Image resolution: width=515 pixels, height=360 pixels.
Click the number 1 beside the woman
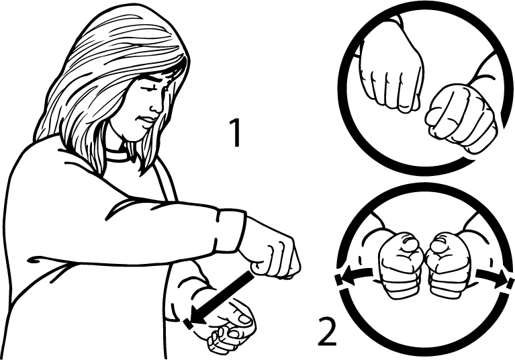[236, 132]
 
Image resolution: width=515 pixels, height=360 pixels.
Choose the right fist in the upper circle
[461, 118]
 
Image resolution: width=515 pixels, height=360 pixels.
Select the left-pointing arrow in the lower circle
[357, 274]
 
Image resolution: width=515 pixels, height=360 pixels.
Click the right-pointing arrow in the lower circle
[491, 274]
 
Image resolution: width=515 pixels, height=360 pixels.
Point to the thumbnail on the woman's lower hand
[245, 319]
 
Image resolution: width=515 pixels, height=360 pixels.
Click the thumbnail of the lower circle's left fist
[410, 242]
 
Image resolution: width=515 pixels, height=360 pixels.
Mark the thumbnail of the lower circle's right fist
[439, 243]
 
